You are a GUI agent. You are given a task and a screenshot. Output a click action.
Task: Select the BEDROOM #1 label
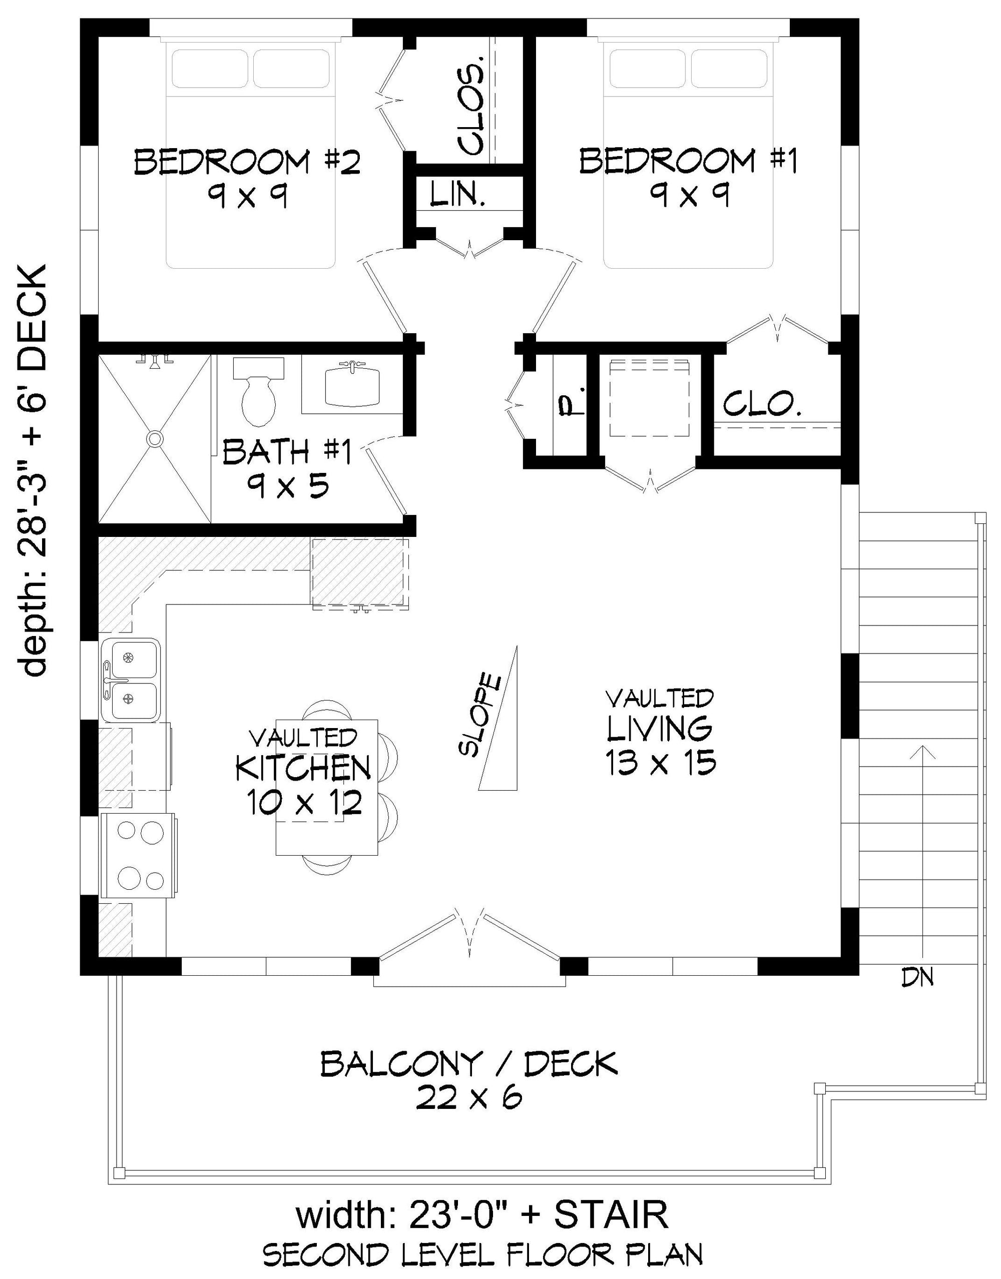(689, 161)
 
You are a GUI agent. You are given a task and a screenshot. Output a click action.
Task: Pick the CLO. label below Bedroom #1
(762, 404)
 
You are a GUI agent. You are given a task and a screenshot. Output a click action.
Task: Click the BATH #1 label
(287, 452)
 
